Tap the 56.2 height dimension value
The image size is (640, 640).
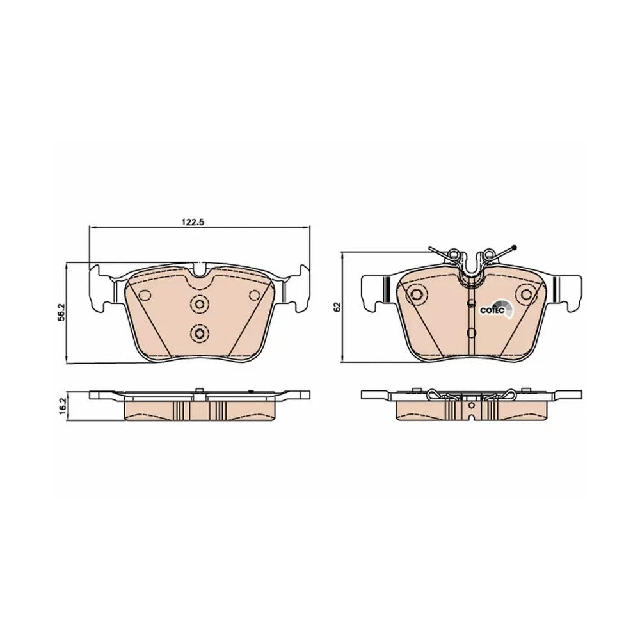pos(61,313)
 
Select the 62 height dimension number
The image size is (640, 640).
pos(337,307)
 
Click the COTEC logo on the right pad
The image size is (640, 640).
pos(497,308)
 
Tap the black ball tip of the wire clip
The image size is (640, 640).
pos(514,247)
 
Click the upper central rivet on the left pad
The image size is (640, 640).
pos(200,303)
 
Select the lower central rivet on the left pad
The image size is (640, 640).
pos(200,333)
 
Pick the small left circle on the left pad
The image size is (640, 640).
pos(145,295)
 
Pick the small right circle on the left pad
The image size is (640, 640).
pos(255,295)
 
